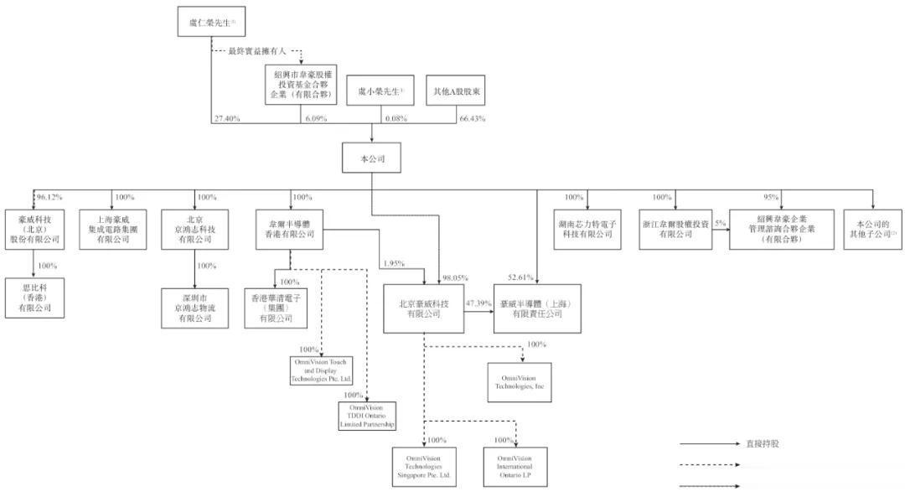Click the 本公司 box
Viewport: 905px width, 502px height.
click(x=372, y=157)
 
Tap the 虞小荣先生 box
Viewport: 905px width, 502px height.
click(x=380, y=91)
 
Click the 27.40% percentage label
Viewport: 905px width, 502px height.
click(x=226, y=119)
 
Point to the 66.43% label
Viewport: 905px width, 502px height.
click(x=473, y=119)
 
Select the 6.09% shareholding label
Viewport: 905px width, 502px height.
click(x=313, y=119)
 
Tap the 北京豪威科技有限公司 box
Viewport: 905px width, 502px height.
click(x=424, y=308)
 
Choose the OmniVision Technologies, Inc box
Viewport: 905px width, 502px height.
click(x=521, y=382)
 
